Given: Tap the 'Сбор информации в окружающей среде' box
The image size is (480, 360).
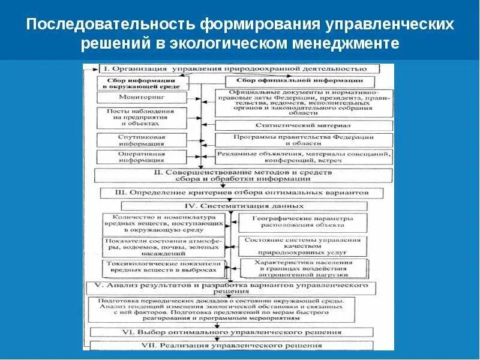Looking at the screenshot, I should (133, 83).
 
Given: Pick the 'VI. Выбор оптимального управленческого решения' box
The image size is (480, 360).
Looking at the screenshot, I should (232, 331).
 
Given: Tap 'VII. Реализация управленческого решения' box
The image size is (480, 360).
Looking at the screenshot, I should (232, 345).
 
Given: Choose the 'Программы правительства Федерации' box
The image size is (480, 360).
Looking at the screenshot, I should (302, 140).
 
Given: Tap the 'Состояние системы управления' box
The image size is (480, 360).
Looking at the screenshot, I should (302, 244).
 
